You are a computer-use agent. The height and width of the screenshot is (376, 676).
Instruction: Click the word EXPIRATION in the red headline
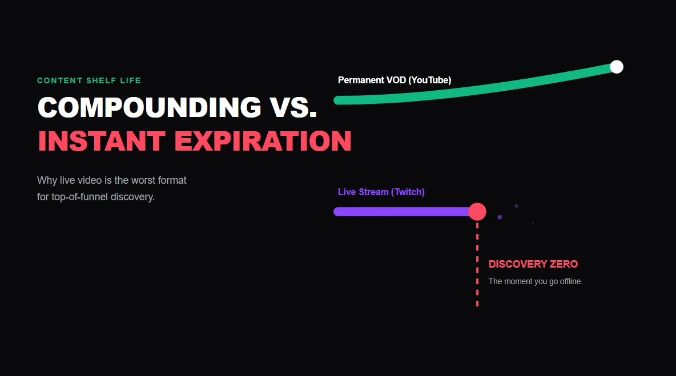point(263,141)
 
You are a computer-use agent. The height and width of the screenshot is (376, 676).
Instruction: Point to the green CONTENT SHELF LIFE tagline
point(89,81)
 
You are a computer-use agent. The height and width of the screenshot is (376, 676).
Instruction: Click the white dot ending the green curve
point(616,67)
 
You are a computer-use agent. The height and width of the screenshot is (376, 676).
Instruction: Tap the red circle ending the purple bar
point(477,212)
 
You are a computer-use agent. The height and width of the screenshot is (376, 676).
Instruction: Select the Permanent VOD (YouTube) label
point(394,80)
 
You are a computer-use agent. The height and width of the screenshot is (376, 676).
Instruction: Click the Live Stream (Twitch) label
point(381,192)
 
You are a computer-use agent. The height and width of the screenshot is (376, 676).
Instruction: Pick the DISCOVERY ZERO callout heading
point(533,264)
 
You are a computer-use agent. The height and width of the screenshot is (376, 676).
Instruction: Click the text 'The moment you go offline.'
point(535,281)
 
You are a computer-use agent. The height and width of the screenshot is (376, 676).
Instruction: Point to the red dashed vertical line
point(477,268)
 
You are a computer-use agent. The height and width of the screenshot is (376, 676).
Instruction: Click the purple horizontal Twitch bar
point(400,212)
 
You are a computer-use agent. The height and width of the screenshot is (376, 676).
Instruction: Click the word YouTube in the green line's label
point(429,80)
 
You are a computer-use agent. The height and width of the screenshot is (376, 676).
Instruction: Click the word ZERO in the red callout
point(564,264)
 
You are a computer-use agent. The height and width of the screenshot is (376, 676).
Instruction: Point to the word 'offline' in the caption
point(568,281)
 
